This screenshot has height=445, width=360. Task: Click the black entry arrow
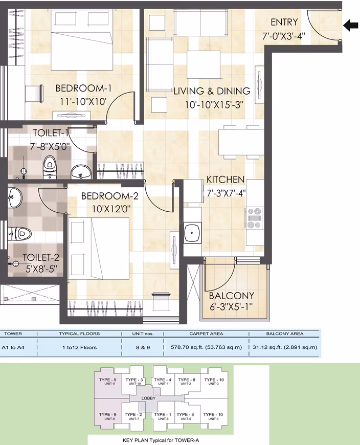tap(351, 26)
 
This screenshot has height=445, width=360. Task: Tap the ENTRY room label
tap(284, 22)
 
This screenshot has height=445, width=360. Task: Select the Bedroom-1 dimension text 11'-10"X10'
tap(83, 102)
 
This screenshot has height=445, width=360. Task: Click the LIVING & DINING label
tap(212, 91)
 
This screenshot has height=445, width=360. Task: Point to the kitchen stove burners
tap(254, 218)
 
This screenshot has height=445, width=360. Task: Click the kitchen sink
tap(192, 233)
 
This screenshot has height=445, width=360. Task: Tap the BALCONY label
tap(232, 296)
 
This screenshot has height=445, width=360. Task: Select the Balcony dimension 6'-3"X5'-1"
tap(231, 307)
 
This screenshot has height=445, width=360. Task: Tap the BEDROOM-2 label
tap(110, 196)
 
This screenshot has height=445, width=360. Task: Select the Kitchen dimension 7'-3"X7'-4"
tap(226, 193)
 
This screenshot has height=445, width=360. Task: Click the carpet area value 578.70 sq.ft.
tap(206, 347)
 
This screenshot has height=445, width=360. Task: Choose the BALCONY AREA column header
tap(285, 333)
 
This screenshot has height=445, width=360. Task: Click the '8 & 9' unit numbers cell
tap(143, 347)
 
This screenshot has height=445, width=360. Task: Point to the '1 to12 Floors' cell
tap(79, 347)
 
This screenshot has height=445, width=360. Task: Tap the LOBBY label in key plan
tap(148, 398)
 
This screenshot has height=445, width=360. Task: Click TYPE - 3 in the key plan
tap(134, 380)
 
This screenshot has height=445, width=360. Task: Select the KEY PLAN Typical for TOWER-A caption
tap(161, 440)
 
